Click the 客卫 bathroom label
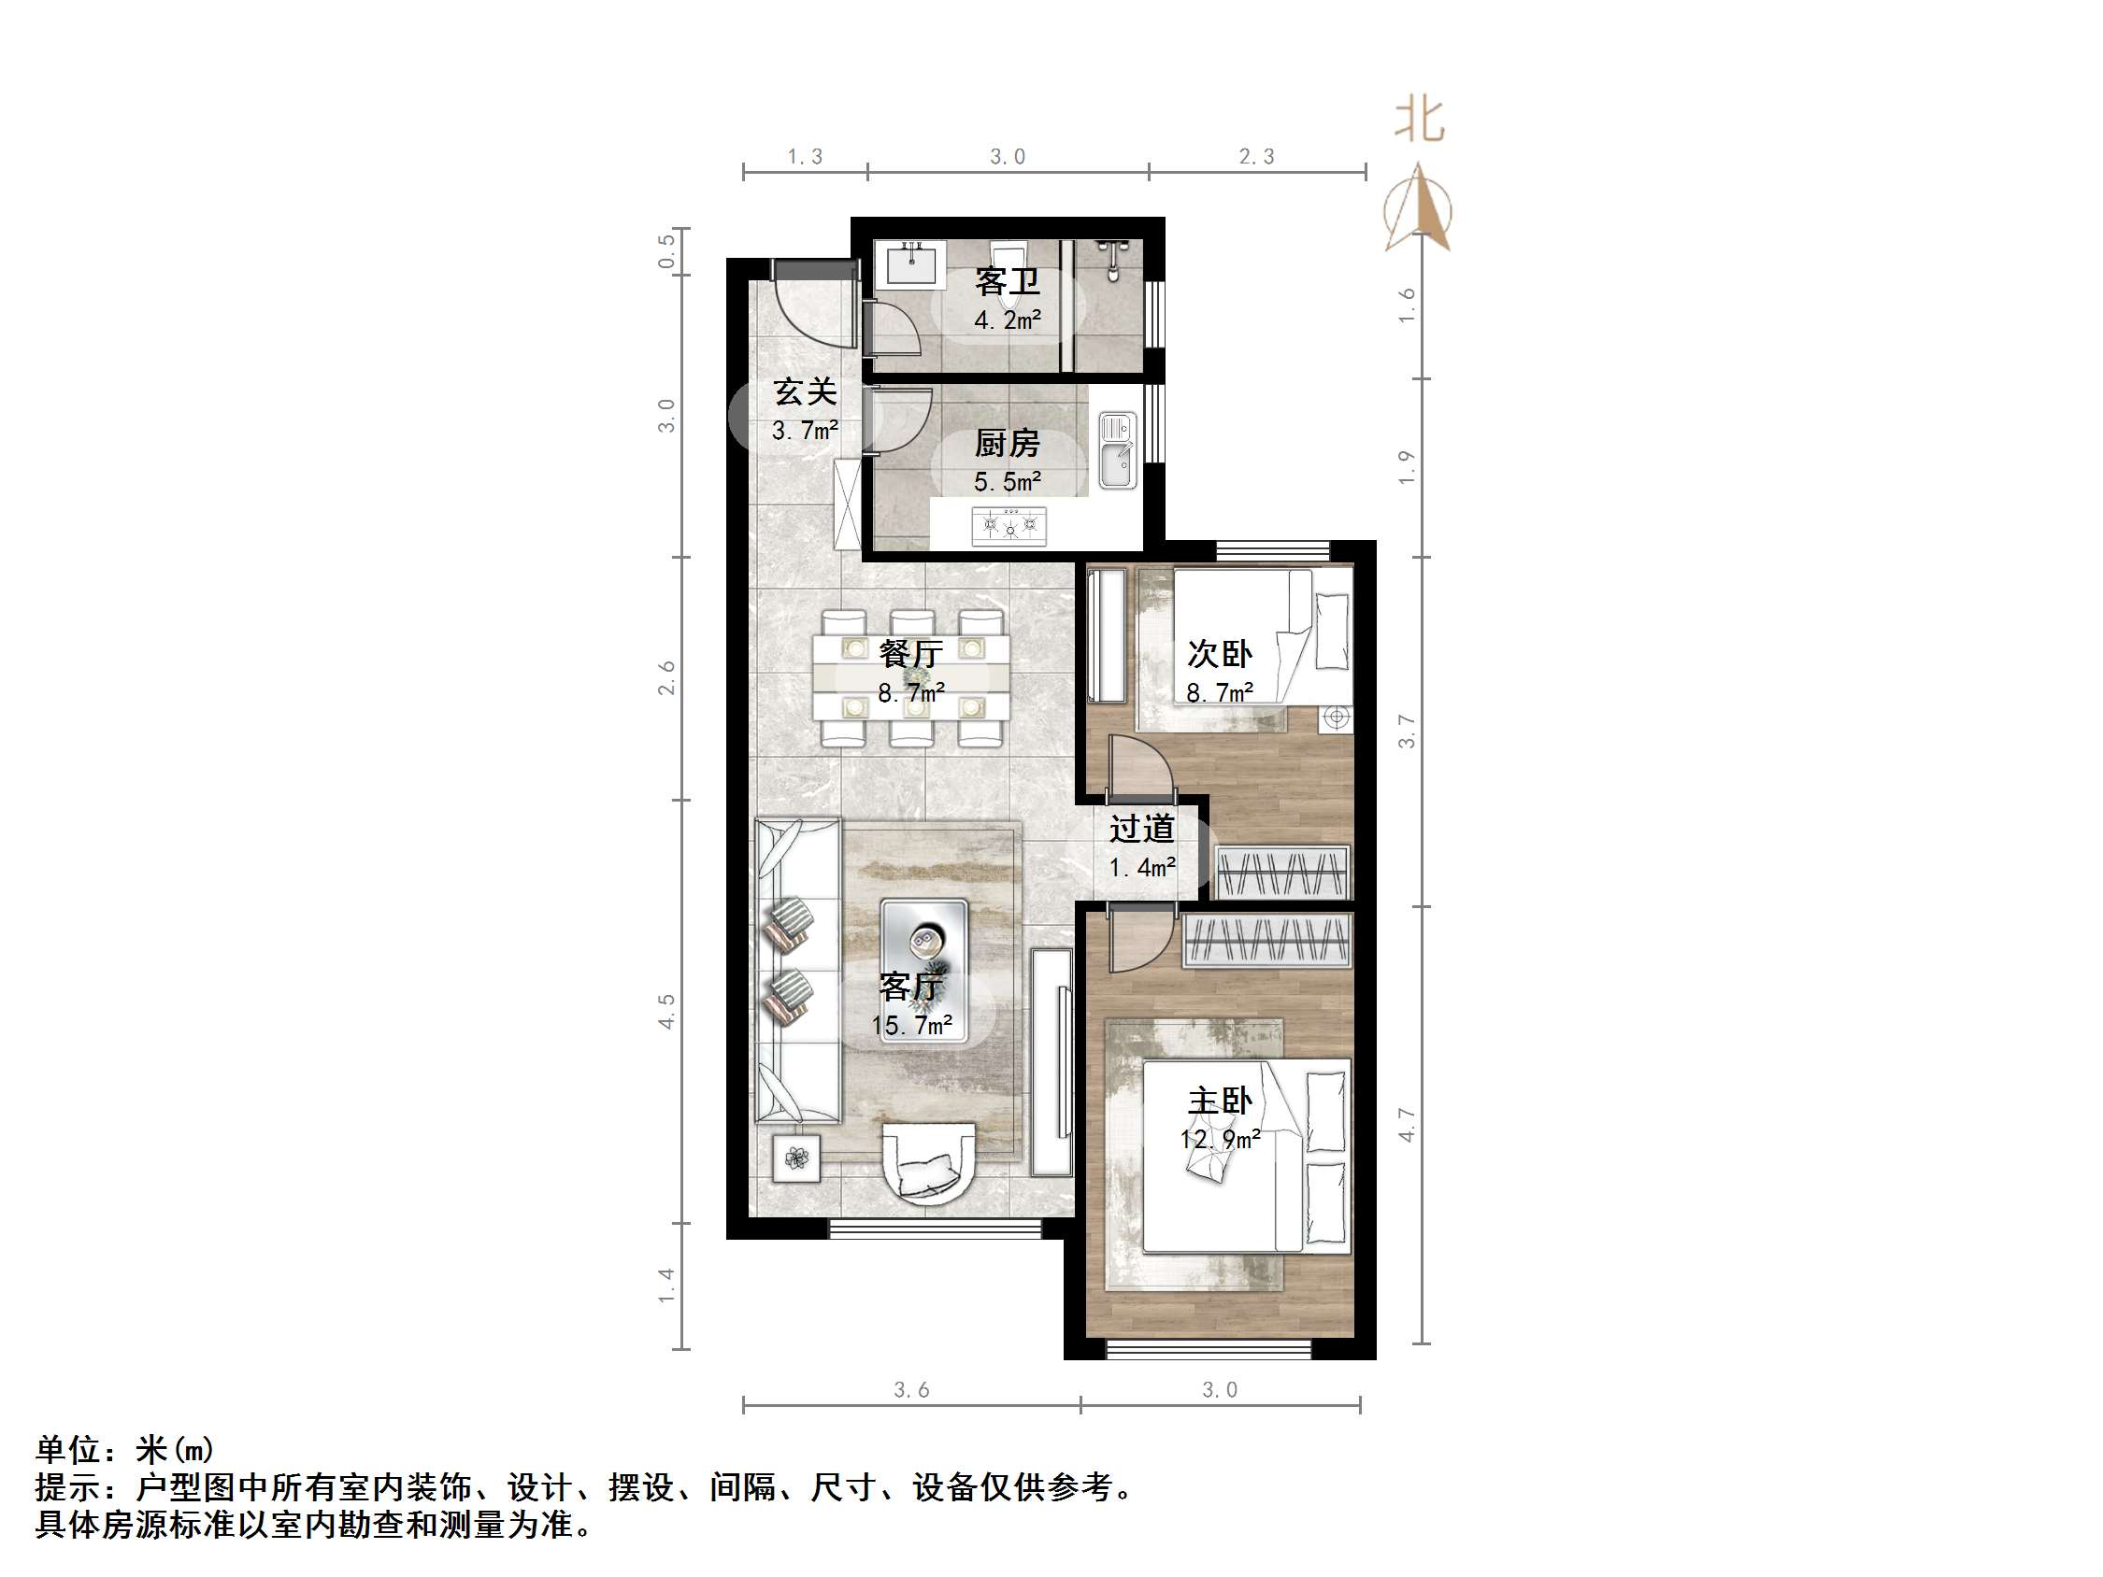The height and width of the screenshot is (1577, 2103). pos(1007,282)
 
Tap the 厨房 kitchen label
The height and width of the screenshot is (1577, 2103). pos(1007,444)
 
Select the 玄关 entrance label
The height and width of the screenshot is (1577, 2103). pos(805,392)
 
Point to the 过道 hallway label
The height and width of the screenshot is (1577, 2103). pos(1142,830)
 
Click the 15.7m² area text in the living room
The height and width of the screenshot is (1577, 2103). pos(911,1026)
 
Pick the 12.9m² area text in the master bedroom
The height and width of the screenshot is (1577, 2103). pos(1220,1139)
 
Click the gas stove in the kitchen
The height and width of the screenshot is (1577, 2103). pos(1009,525)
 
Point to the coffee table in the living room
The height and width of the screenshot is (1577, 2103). pos(923,970)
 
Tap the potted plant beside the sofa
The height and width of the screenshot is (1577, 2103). pos(795,1158)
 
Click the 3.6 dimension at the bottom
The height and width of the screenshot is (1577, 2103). pos(910,1390)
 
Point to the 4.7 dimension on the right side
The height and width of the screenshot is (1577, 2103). pos(1407,1125)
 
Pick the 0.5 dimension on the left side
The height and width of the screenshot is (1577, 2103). pos(666,251)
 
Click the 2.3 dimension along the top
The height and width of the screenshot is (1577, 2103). pos(1256,157)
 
